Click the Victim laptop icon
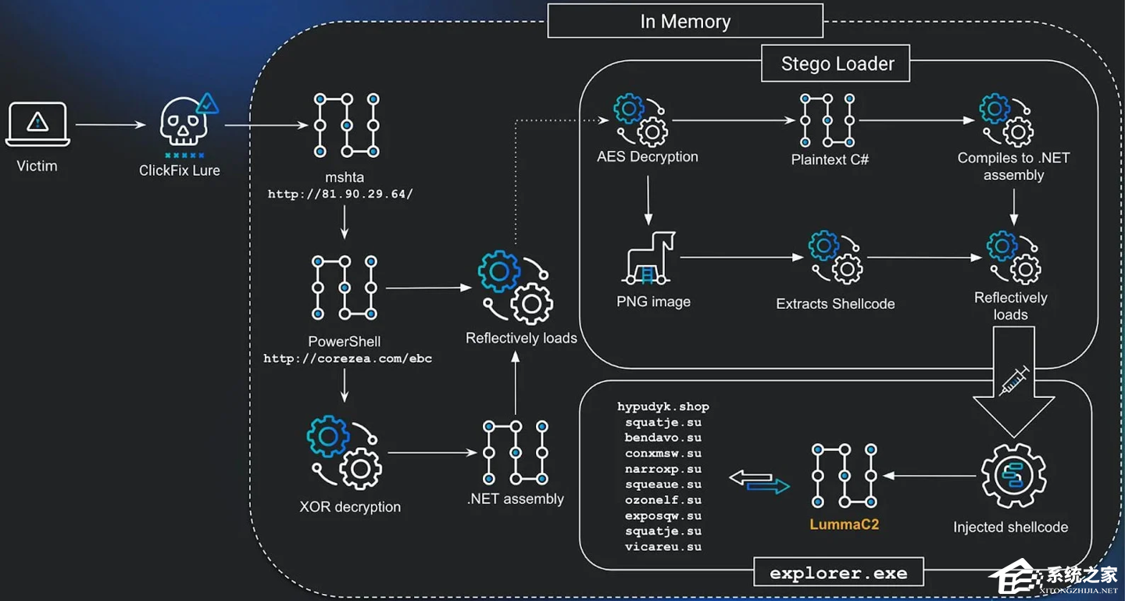pyautogui.click(x=37, y=125)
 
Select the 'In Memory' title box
pyautogui.click(x=685, y=22)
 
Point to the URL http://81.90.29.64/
pyautogui.click(x=340, y=194)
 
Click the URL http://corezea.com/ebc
pyautogui.click(x=348, y=359)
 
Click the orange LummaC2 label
pyautogui.click(x=844, y=524)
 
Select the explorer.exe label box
pyautogui.click(x=838, y=574)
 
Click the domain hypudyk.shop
pyautogui.click(x=662, y=406)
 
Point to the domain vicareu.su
pyautogui.click(x=662, y=547)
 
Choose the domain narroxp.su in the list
pyautogui.click(x=662, y=469)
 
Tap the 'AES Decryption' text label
pyautogui.click(x=647, y=156)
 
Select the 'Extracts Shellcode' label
pyautogui.click(x=835, y=304)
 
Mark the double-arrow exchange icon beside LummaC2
pyautogui.click(x=759, y=481)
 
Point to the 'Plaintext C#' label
pyautogui.click(x=830, y=159)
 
